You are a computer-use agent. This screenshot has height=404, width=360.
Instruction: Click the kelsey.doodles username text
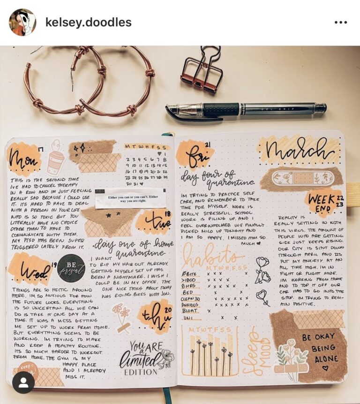pos(88,22)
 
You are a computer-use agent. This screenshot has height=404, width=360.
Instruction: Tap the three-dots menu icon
pos(341,22)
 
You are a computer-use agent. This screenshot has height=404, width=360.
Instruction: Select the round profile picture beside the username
pos(22,22)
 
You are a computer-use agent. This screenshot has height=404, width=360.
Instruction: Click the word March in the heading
pos(300,150)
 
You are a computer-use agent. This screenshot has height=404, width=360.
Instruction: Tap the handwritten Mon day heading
pos(23,160)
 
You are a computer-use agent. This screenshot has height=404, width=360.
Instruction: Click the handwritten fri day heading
pos(195,155)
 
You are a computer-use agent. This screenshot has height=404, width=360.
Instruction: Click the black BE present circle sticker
pos(71,268)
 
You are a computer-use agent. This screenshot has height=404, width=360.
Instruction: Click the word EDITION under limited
pos(140,372)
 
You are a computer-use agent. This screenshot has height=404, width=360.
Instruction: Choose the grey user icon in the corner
pos(23,382)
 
